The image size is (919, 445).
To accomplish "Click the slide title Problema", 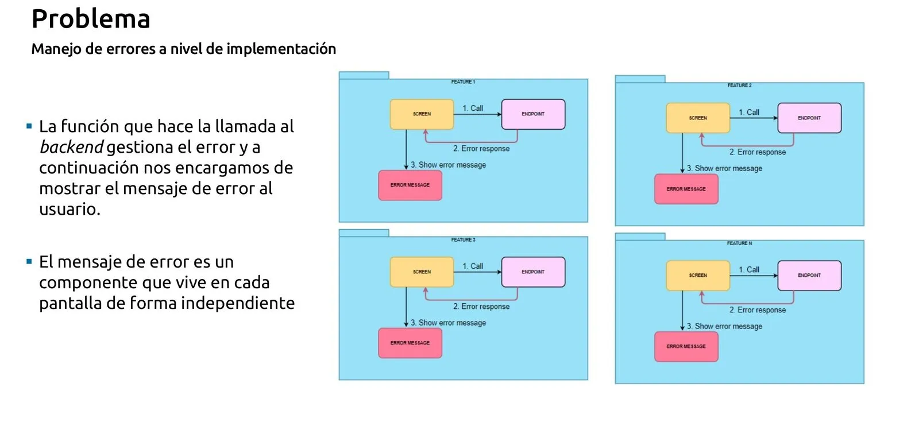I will pos(91,19).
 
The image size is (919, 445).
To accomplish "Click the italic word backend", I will pos(71,148).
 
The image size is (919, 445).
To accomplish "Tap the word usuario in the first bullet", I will pos(69,210).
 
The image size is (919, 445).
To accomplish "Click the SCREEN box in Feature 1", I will pos(422,114).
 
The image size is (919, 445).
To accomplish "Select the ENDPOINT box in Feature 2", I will pos(809,118).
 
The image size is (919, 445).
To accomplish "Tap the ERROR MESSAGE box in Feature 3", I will pos(410,343).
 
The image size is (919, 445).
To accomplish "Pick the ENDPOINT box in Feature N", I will pos(809,276).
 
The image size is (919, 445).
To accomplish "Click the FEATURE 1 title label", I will pos(463,82).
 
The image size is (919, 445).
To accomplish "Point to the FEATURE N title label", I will pos(739,243).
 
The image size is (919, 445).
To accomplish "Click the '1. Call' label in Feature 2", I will pos(749,113).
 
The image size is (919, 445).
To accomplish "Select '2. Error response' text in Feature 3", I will pos(481,307).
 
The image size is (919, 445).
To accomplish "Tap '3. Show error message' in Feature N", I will pos(725,326).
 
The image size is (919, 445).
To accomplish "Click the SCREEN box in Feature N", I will pos(698,276).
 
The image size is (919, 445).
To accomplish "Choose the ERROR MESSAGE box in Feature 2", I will pos(686,189).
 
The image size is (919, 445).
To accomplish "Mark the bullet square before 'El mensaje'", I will pos(29,262).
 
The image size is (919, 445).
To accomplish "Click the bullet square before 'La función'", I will pos(29,126).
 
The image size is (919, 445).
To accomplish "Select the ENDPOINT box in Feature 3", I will pos(533,272).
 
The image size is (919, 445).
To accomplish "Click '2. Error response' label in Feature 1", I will pos(481,149).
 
